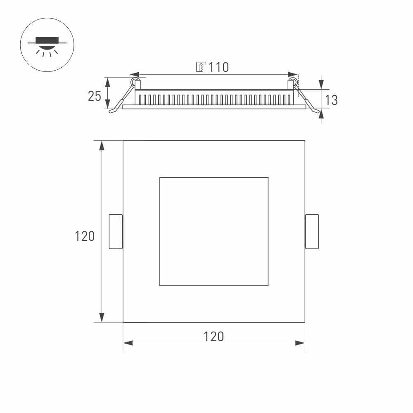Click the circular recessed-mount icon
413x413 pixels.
pos(47,45)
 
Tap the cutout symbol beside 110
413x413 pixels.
pos(200,67)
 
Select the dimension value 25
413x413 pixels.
pos(94,96)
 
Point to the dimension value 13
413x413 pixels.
pos(331,100)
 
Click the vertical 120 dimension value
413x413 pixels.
pos(85,236)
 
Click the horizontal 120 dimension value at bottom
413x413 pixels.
pos(214,337)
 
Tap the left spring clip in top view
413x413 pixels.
pos(116,231)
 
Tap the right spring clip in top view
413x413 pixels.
pos(312,231)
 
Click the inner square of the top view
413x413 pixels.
pos(214,231)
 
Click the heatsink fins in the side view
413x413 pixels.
pos(214,100)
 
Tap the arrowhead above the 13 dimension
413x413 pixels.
pos(322,84)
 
